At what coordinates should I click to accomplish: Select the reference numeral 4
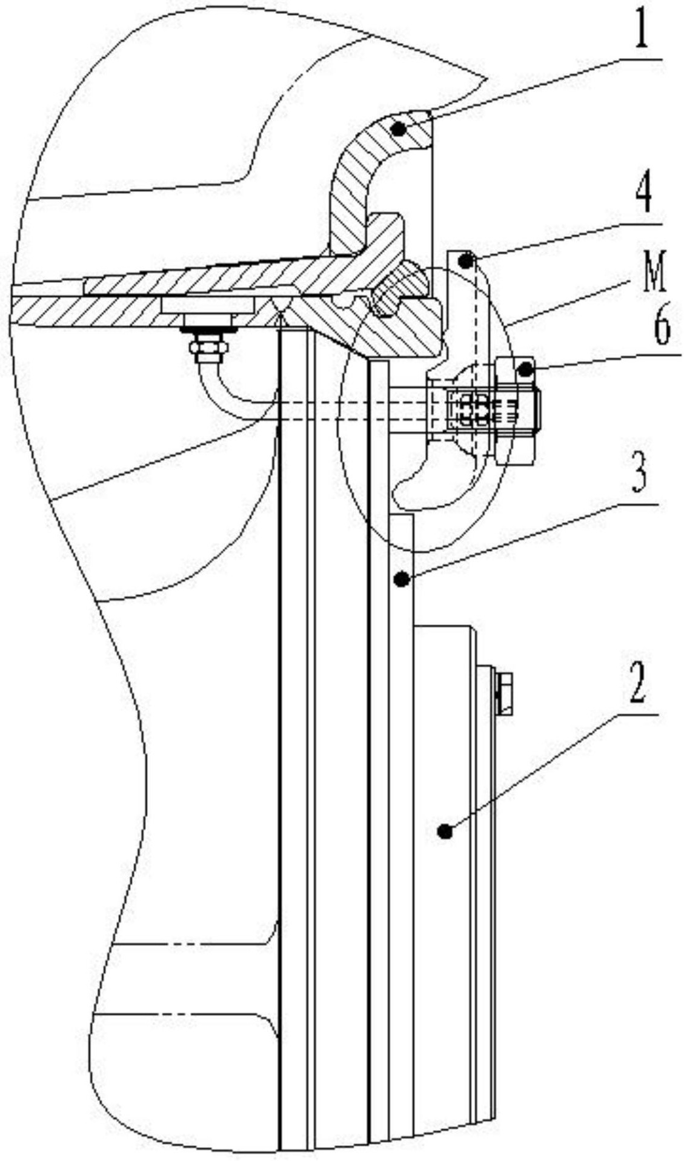pyautogui.click(x=643, y=195)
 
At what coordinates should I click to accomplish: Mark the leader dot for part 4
pyautogui.click(x=465, y=262)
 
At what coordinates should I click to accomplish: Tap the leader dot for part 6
pyautogui.click(x=525, y=368)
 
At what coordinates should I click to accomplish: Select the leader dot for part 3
pyautogui.click(x=400, y=580)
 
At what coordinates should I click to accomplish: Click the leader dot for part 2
pyautogui.click(x=446, y=830)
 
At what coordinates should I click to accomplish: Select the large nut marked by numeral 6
pyautogui.click(x=515, y=412)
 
